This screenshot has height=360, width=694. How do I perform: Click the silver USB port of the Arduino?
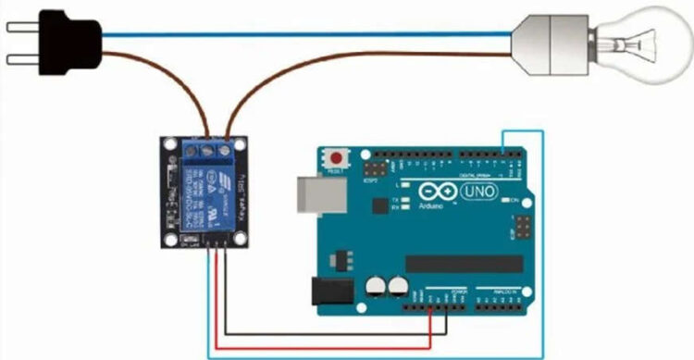click(x=317, y=195)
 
